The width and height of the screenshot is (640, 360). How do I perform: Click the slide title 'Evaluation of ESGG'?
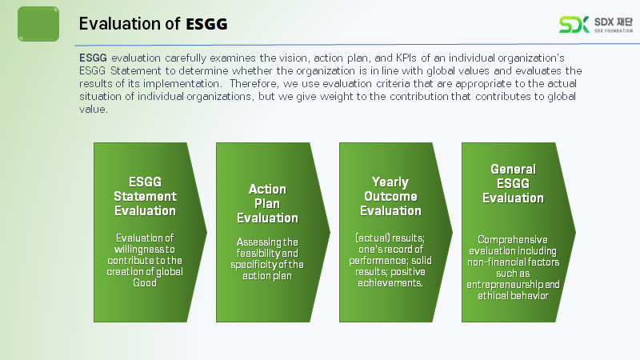click(153, 24)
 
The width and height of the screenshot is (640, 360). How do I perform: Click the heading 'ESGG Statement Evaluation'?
click(145, 196)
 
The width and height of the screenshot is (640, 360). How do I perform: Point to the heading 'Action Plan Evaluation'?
click(267, 203)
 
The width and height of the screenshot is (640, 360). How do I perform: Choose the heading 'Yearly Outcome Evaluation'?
click(390, 197)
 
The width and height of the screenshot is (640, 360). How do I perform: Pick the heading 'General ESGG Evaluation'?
click(513, 184)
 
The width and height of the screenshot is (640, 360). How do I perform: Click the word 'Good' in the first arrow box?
click(145, 282)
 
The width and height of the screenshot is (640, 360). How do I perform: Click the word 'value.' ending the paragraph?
click(93, 110)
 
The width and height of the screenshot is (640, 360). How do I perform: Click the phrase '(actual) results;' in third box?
click(390, 238)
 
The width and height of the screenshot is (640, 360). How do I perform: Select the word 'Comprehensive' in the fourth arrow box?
click(513, 239)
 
